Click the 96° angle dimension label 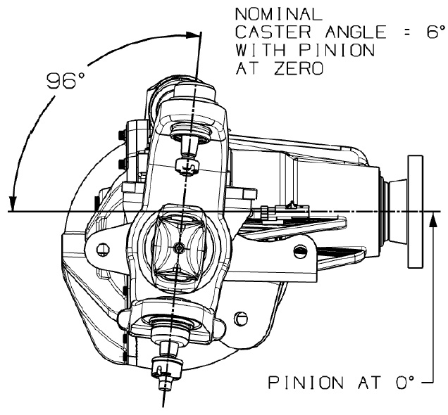(x=66, y=81)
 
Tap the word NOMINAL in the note (x=278, y=14)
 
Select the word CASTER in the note (x=273, y=32)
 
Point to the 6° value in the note (x=436, y=32)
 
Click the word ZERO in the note (x=299, y=68)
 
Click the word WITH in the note (x=261, y=50)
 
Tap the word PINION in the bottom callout (x=306, y=383)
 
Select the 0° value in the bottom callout (x=405, y=383)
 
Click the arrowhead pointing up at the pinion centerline (x=433, y=220)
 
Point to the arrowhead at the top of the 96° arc (x=192, y=34)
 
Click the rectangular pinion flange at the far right (x=416, y=212)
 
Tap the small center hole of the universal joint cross (x=179, y=248)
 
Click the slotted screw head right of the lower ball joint (x=241, y=317)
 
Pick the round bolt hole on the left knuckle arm (x=103, y=250)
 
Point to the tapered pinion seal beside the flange (x=395, y=212)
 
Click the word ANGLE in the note (x=356, y=32)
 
